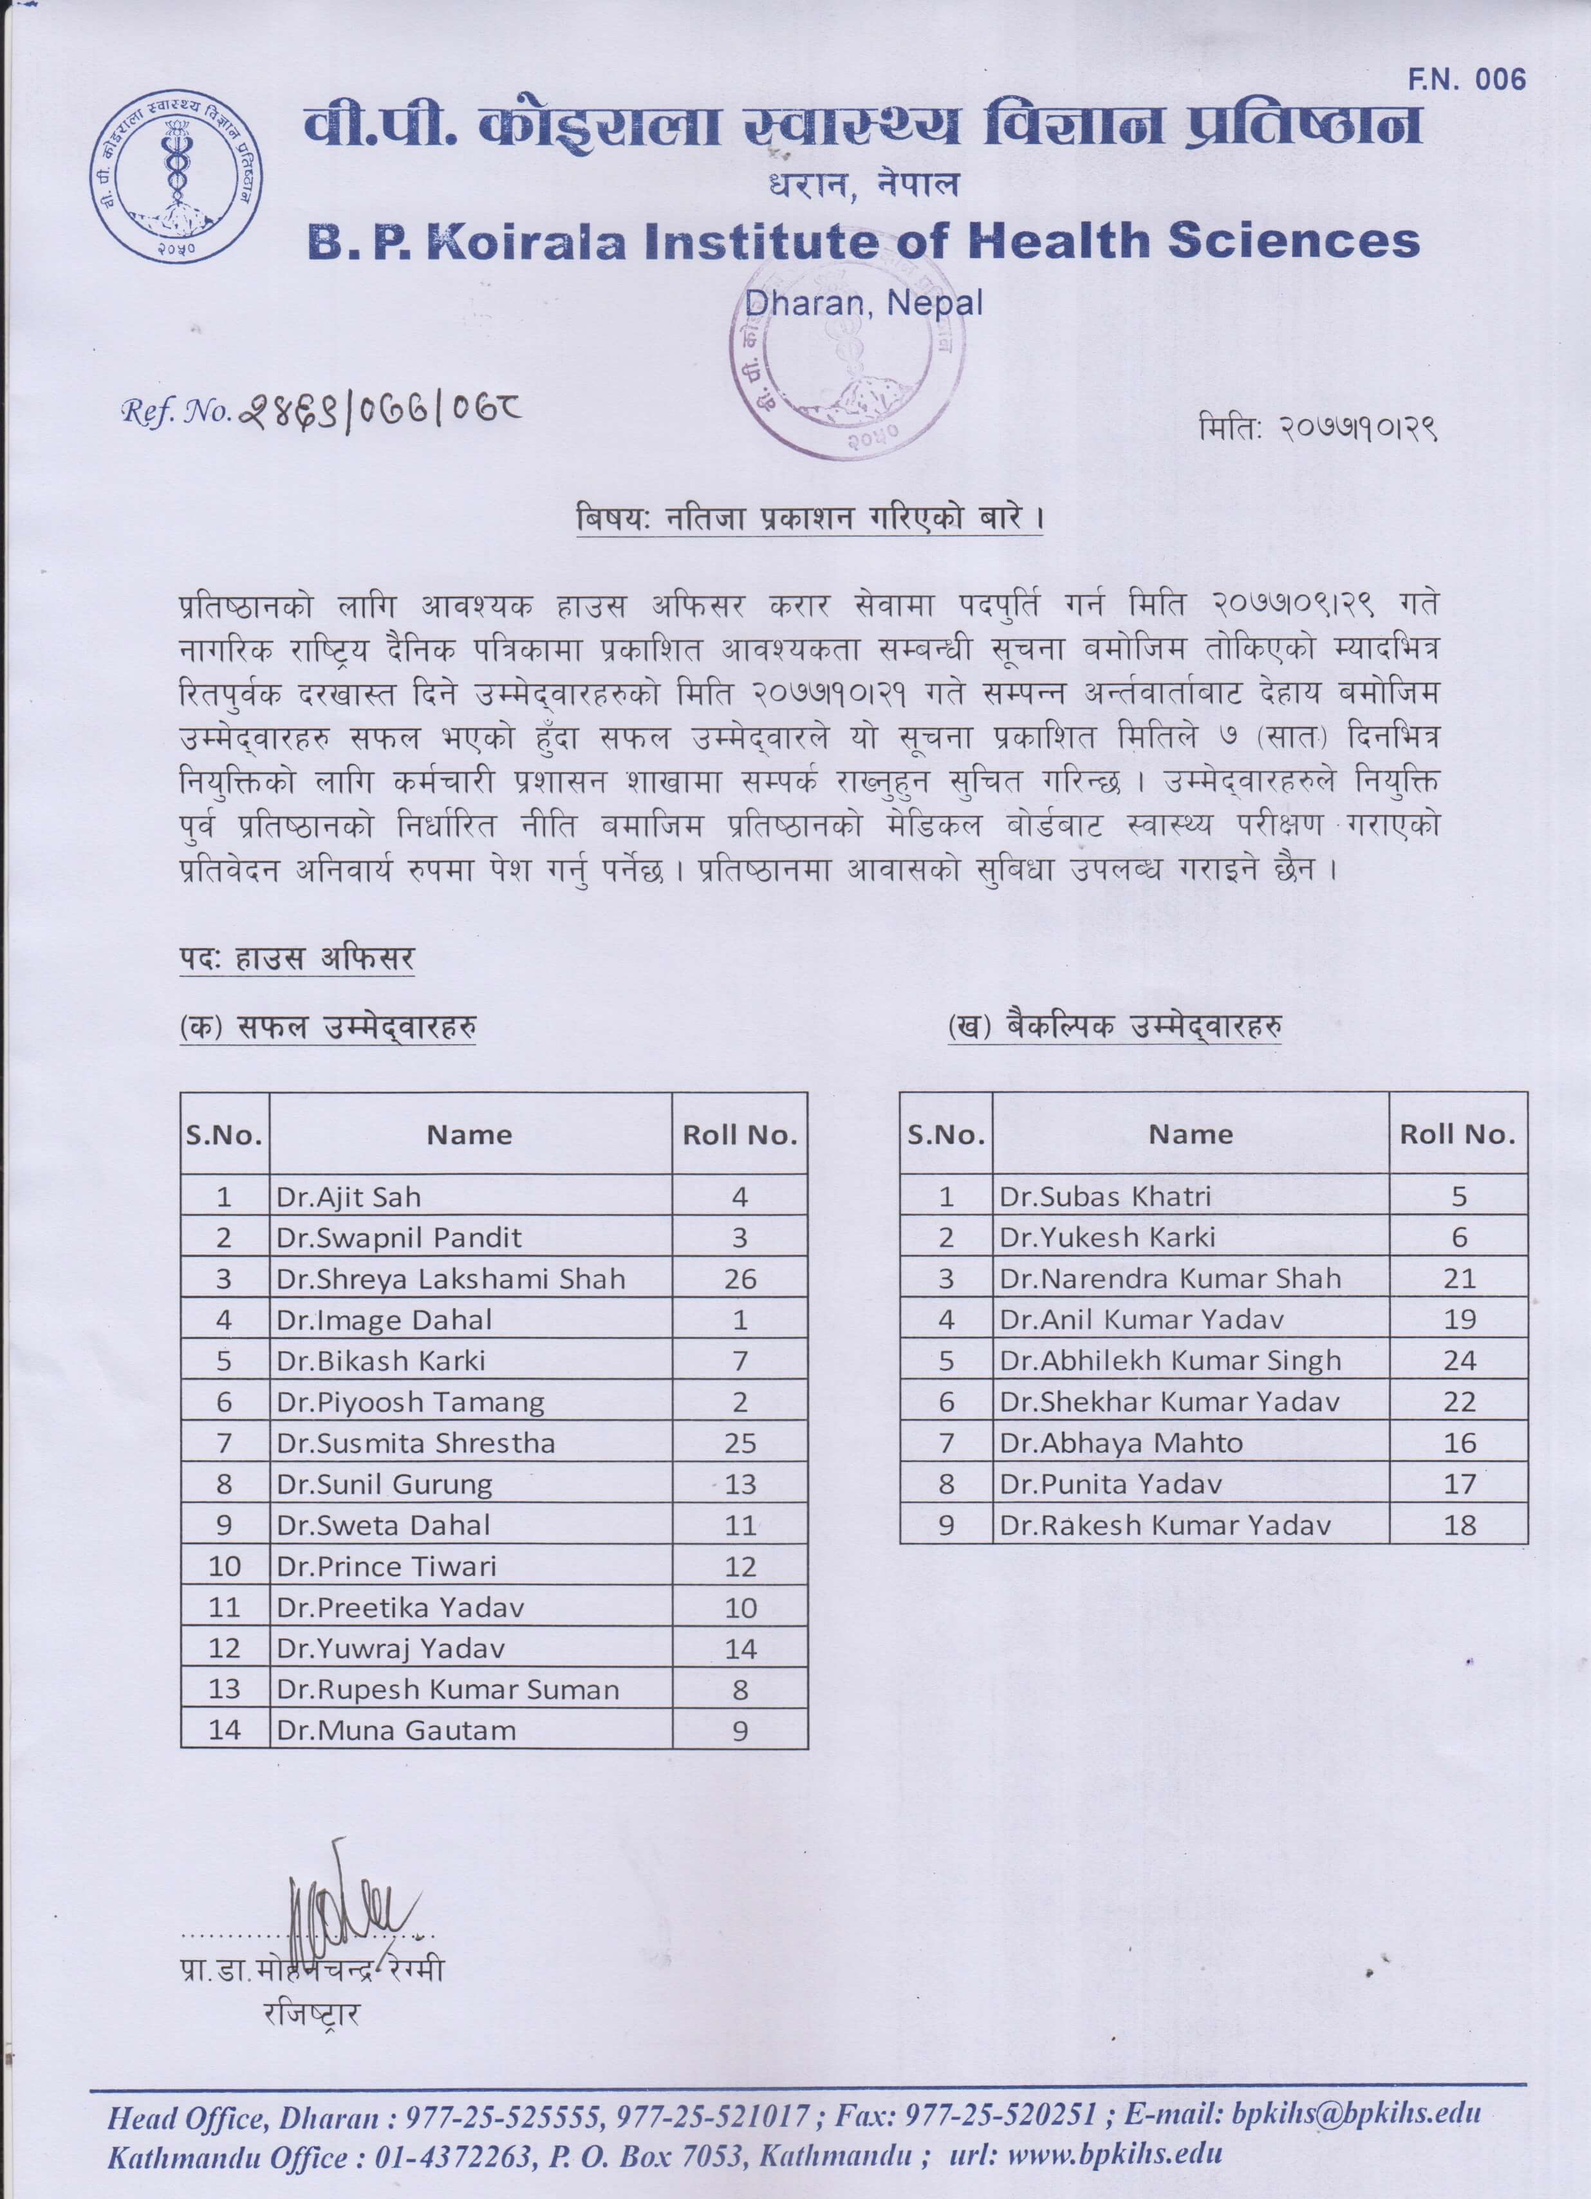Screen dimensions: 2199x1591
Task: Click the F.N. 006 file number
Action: coord(1466,80)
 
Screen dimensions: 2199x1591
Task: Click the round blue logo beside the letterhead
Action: coord(176,178)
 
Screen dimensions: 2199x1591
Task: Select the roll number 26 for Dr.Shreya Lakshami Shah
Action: coord(740,1279)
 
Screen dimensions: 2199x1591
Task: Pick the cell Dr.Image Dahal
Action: coord(384,1320)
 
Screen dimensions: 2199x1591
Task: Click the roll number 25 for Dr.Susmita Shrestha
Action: coord(740,1444)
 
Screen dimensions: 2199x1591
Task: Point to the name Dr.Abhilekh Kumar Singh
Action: coord(1169,1362)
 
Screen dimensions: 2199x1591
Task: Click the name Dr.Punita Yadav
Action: coord(1110,1484)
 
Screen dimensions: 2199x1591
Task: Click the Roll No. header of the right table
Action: coord(1457,1134)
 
